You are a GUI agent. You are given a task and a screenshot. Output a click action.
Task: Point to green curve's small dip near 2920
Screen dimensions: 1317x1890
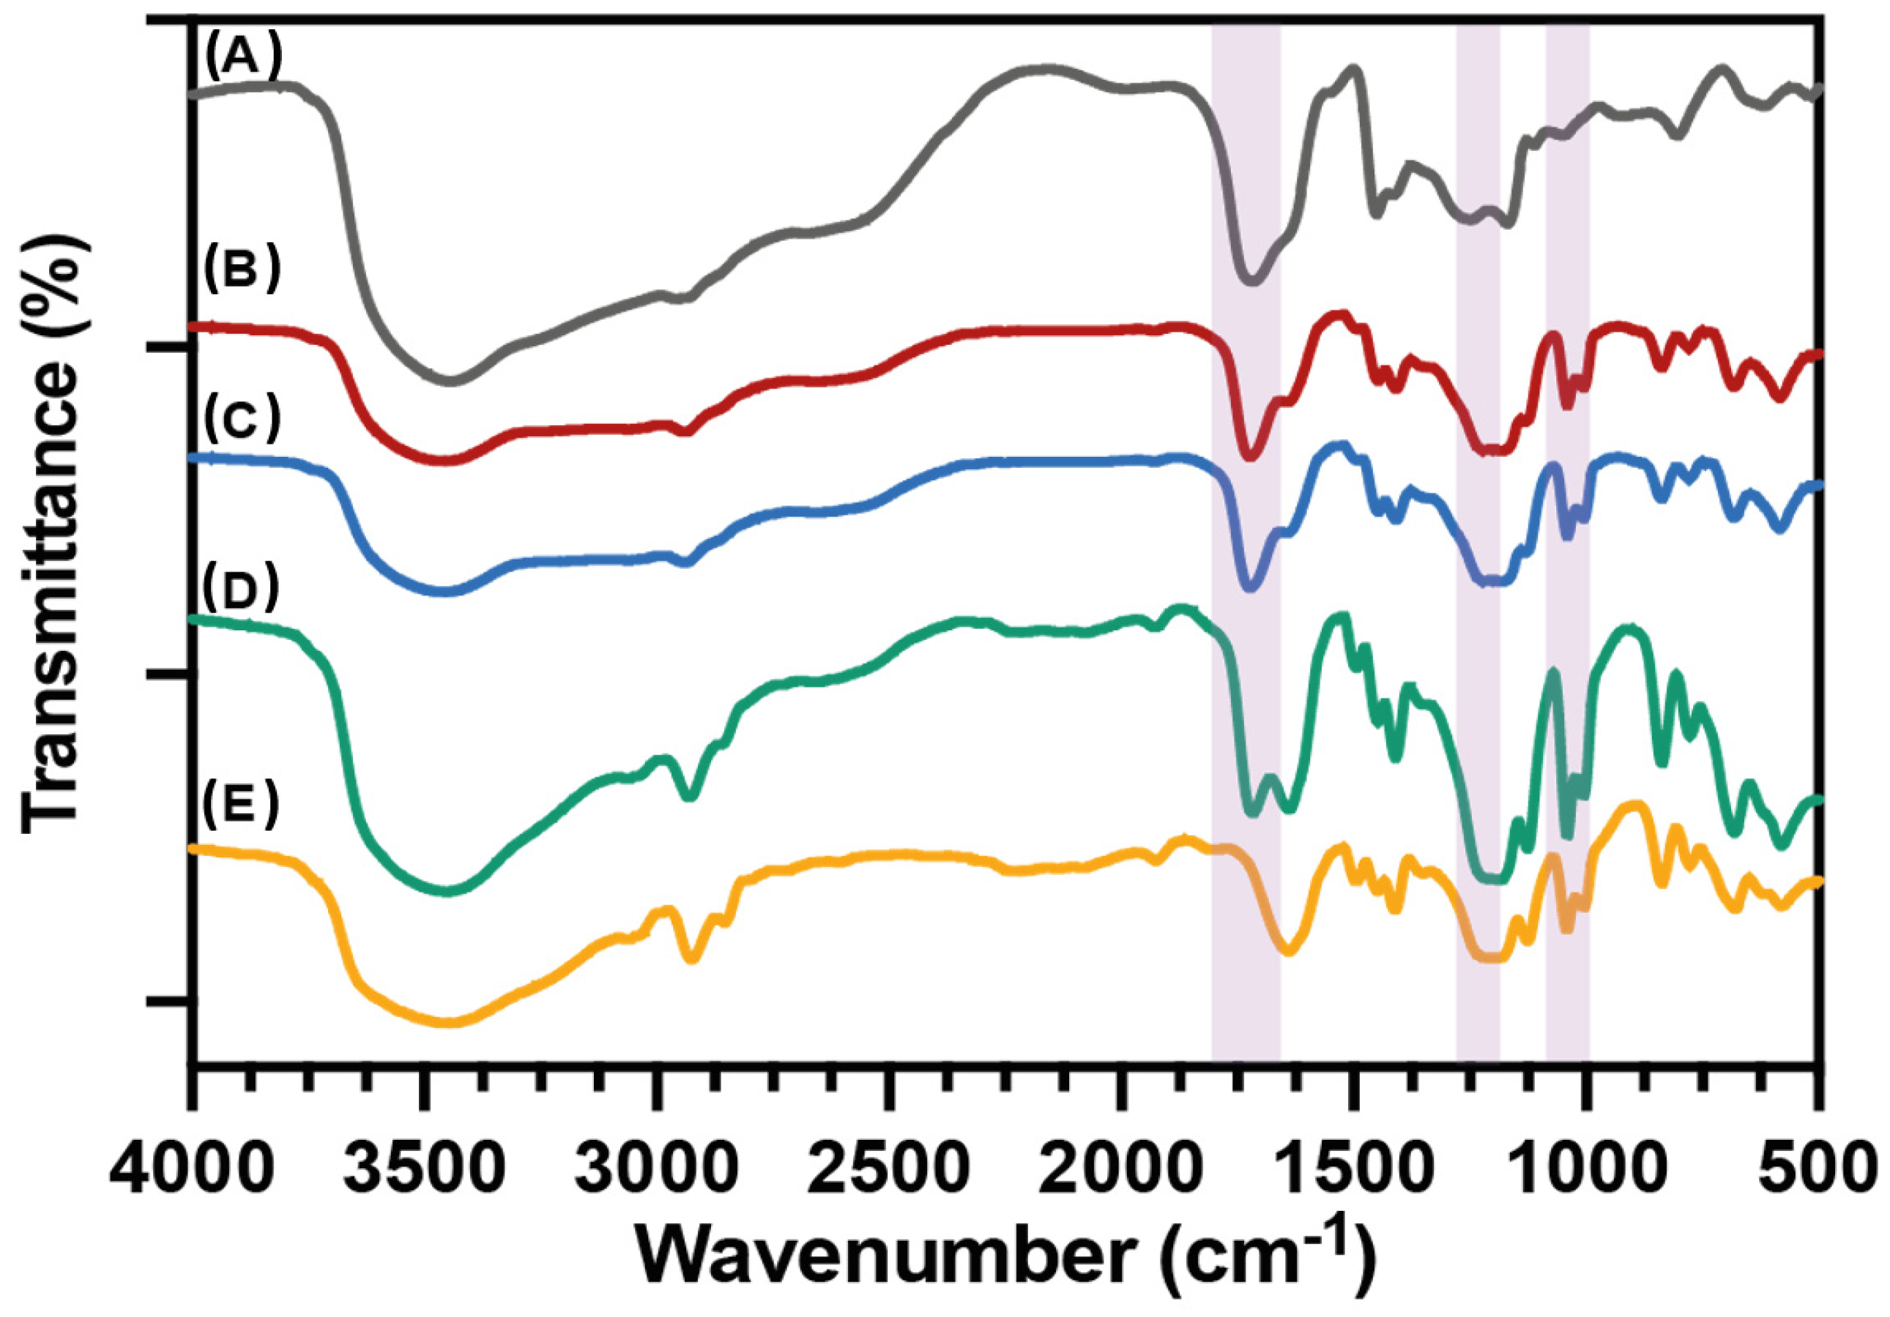[x=691, y=796]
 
